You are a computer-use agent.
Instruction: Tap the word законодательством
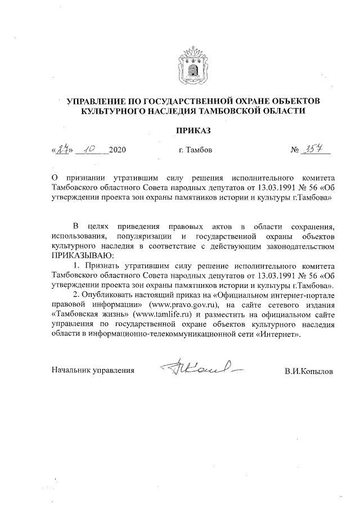click(293, 246)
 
